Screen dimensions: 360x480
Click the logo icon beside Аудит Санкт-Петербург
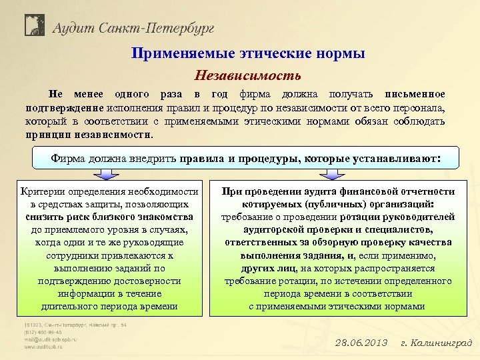pos(34,25)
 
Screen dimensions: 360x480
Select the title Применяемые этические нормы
pos(247,54)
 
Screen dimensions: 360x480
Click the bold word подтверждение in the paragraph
pos(64,107)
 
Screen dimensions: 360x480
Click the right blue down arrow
pos(331,175)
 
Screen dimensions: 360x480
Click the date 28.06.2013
pos(361,343)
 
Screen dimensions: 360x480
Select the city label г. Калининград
pos(436,343)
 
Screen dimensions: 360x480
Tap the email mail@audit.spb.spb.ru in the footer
pos(51,339)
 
